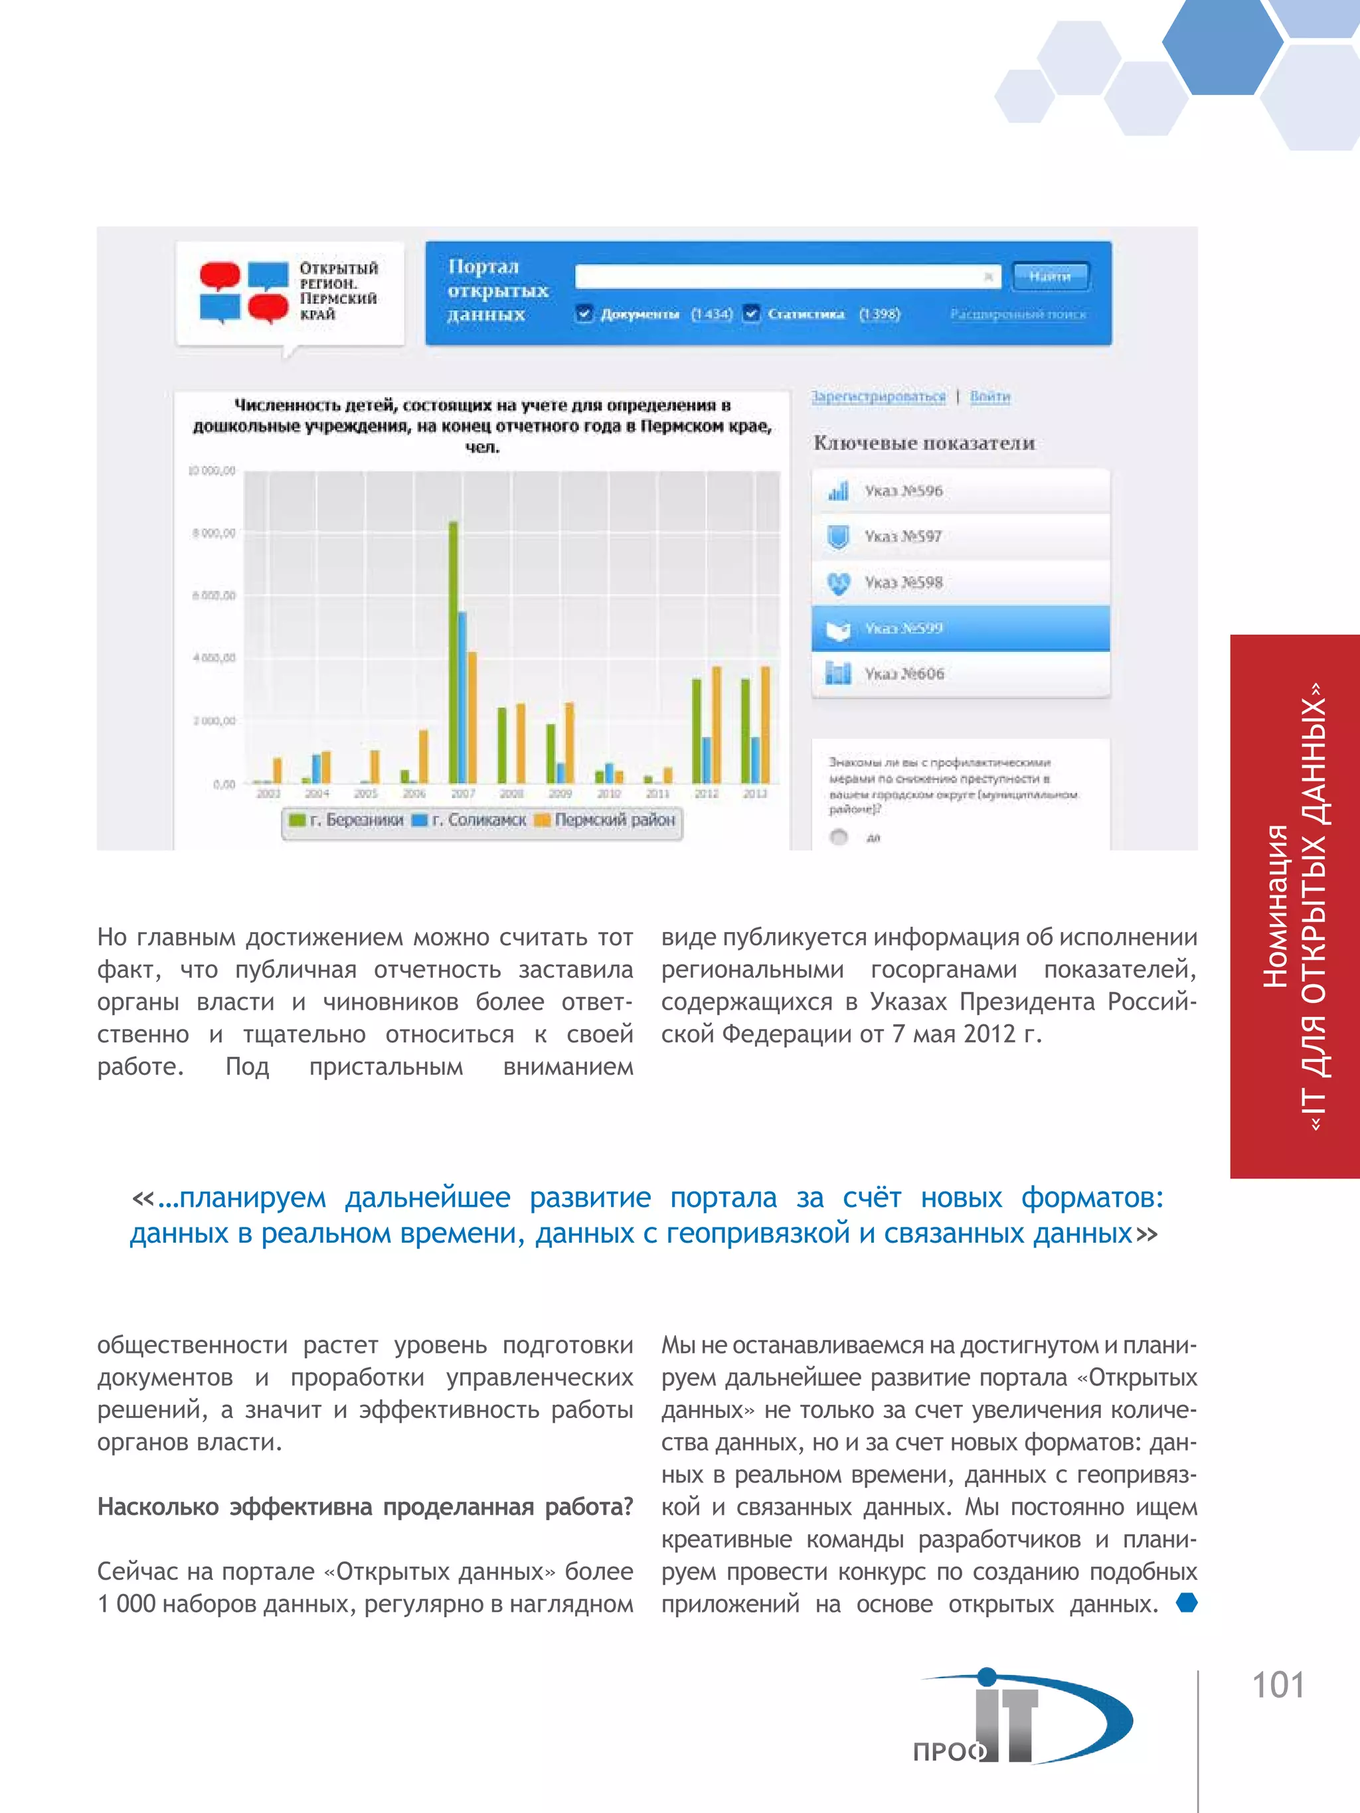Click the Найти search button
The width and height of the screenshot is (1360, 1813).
[x=1050, y=276]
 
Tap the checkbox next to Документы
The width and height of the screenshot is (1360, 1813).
[x=584, y=314]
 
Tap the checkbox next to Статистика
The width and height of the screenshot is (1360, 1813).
[x=751, y=314]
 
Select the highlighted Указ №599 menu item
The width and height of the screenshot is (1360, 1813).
[x=960, y=629]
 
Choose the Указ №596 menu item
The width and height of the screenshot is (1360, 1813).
[x=960, y=491]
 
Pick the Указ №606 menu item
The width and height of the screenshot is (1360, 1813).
[x=960, y=674]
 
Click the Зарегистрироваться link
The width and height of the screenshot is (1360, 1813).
[x=878, y=397]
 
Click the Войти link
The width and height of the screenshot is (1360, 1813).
[x=989, y=397]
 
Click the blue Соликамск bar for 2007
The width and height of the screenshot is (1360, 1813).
[x=462, y=696]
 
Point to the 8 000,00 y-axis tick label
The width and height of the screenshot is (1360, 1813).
[x=213, y=534]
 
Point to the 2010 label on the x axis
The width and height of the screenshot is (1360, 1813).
[x=608, y=793]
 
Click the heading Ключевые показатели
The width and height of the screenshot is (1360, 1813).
[x=924, y=443]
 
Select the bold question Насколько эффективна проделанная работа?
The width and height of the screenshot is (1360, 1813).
[x=365, y=1506]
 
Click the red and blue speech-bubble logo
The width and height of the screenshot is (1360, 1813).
[x=244, y=292]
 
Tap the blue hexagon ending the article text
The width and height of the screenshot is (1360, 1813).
[x=1186, y=1603]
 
